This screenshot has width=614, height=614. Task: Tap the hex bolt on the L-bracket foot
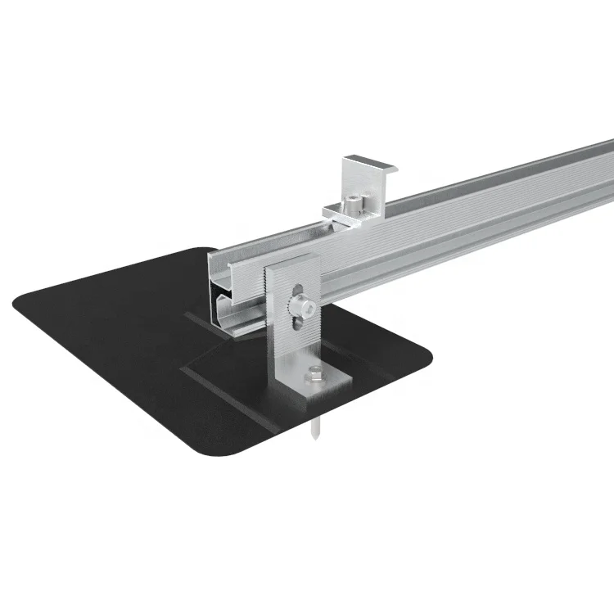[316, 377]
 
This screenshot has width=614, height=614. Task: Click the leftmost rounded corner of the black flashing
[18, 301]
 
